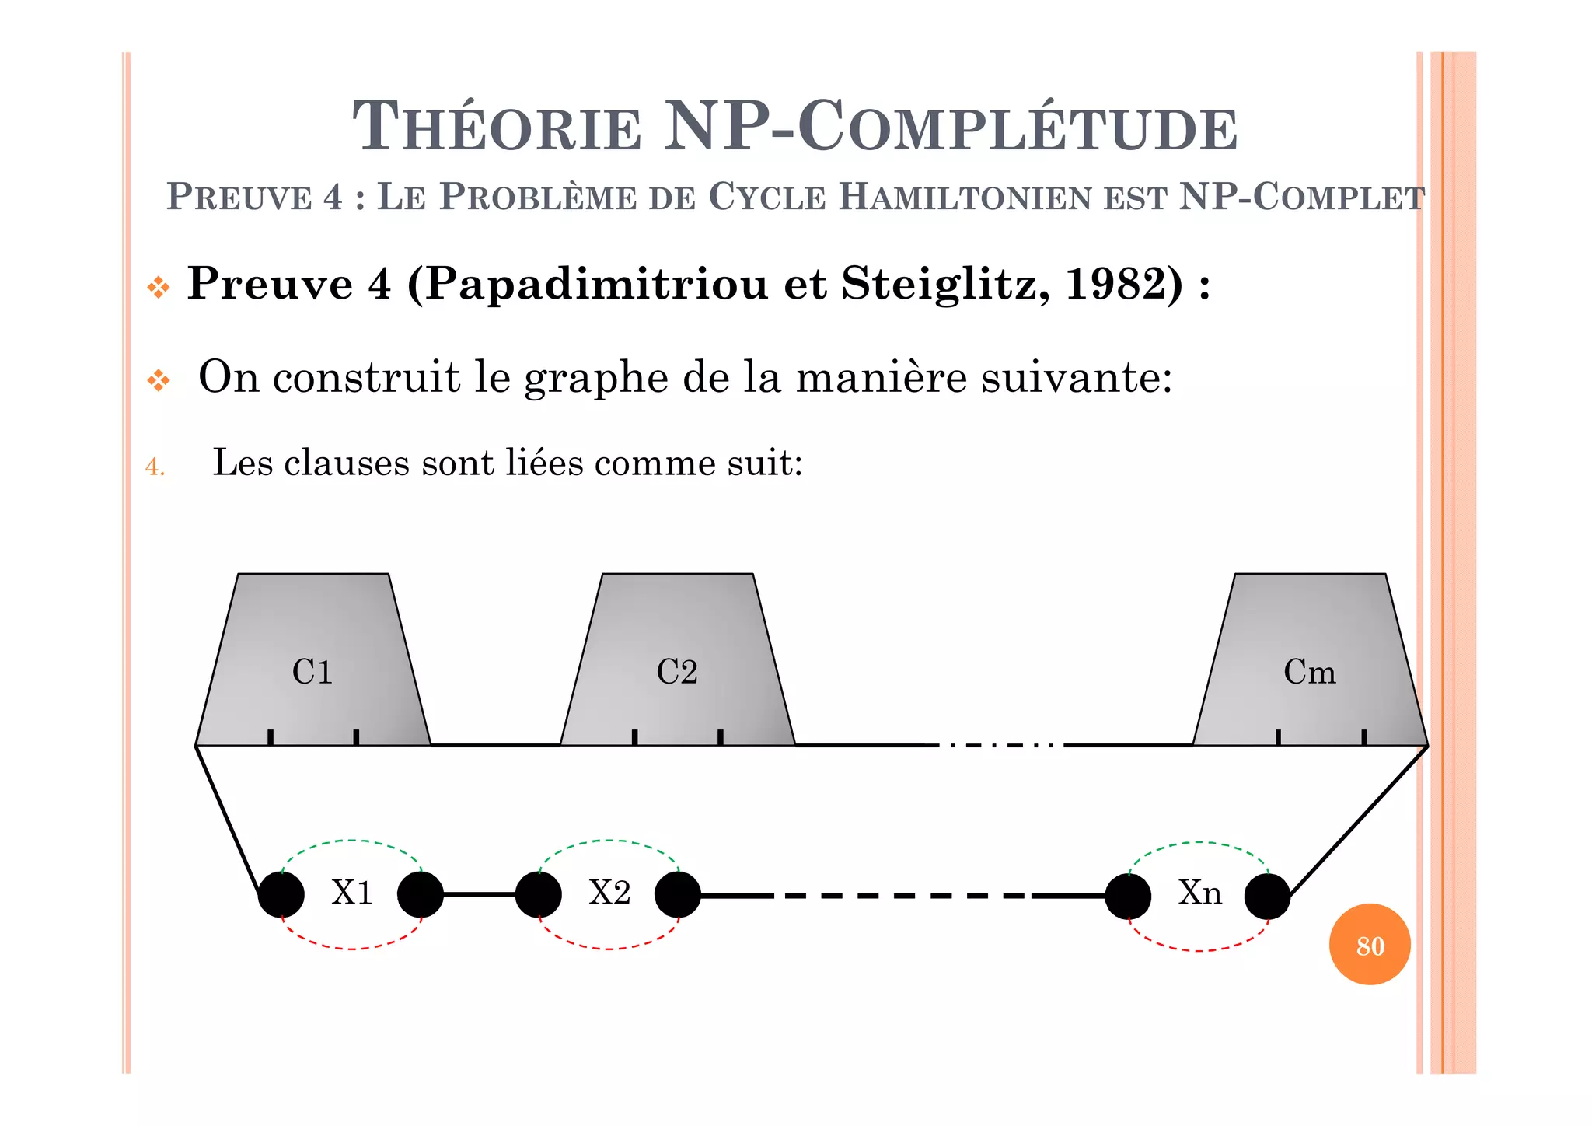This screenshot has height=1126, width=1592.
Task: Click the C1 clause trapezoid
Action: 312,661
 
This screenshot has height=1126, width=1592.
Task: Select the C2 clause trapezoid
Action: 677,661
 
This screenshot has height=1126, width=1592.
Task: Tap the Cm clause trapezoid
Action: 1310,661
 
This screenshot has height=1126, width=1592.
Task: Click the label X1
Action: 352,893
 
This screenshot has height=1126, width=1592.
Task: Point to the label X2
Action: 609,893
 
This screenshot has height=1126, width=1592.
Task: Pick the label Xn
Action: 1199,893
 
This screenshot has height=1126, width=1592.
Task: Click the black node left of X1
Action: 281,895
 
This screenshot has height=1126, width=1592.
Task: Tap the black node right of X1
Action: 421,895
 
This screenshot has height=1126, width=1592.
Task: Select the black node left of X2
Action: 538,895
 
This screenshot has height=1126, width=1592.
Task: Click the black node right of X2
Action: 678,895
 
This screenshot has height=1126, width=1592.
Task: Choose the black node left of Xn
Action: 1128,896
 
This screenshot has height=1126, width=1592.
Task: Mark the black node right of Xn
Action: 1267,896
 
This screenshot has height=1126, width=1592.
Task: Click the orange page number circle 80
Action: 1370,945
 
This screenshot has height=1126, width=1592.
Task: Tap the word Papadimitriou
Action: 597,285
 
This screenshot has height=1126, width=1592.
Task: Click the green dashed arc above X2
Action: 609,841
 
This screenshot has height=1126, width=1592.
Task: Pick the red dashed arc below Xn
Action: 1199,950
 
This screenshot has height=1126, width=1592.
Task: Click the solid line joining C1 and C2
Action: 495,745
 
